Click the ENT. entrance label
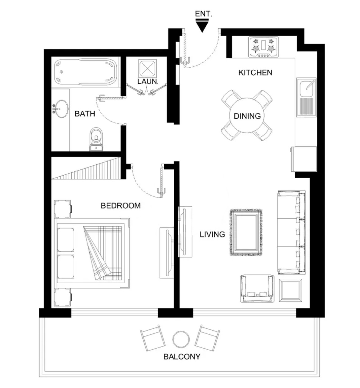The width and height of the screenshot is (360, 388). (x=203, y=14)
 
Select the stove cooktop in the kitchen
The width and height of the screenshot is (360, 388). (x=263, y=47)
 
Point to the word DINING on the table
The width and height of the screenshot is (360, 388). (x=247, y=116)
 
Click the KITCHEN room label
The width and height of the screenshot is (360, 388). (x=255, y=72)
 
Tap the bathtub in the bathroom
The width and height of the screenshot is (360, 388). (x=85, y=72)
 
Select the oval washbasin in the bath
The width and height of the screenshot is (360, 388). (x=61, y=109)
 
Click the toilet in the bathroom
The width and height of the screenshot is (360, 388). (x=96, y=139)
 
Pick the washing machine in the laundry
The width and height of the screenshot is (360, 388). (x=147, y=68)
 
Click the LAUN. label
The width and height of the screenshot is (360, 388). (x=148, y=81)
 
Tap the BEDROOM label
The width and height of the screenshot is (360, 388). (x=121, y=206)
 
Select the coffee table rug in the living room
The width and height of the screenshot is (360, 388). (x=246, y=232)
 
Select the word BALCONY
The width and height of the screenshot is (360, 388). (x=182, y=357)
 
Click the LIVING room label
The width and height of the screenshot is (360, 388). (x=212, y=234)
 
